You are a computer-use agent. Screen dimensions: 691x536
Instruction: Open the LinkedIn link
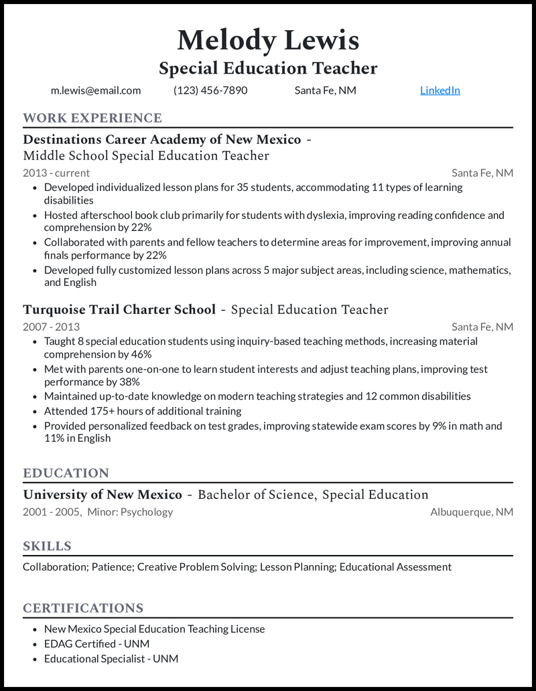coord(440,90)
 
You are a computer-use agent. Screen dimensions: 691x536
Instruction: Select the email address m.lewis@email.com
coord(96,90)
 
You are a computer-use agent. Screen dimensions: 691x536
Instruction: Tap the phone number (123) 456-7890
coord(210,90)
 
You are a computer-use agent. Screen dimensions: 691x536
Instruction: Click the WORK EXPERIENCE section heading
coord(92,119)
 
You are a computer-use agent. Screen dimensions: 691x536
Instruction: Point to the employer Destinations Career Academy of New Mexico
coord(161,139)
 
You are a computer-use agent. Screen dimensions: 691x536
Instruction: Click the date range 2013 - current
coord(56,173)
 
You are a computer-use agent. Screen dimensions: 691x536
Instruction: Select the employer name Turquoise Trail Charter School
coord(119,309)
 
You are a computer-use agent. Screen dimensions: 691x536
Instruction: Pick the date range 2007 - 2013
coord(51,327)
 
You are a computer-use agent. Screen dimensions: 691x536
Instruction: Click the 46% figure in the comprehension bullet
coord(140,354)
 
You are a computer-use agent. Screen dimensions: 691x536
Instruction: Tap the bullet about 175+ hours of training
coord(143,410)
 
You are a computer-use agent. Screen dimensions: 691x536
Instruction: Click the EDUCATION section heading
coord(66,473)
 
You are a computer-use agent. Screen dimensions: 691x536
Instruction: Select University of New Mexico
coord(103,495)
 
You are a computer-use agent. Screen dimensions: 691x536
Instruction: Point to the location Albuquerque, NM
coord(472,512)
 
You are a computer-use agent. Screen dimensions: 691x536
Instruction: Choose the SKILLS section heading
coord(47,546)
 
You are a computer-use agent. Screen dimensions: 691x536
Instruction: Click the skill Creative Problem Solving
coord(197,567)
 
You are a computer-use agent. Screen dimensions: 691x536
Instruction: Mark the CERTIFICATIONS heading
coord(83,608)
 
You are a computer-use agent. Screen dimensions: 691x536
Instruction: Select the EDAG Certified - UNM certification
coord(96,643)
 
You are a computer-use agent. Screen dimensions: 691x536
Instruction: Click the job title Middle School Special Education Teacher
coord(146,156)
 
